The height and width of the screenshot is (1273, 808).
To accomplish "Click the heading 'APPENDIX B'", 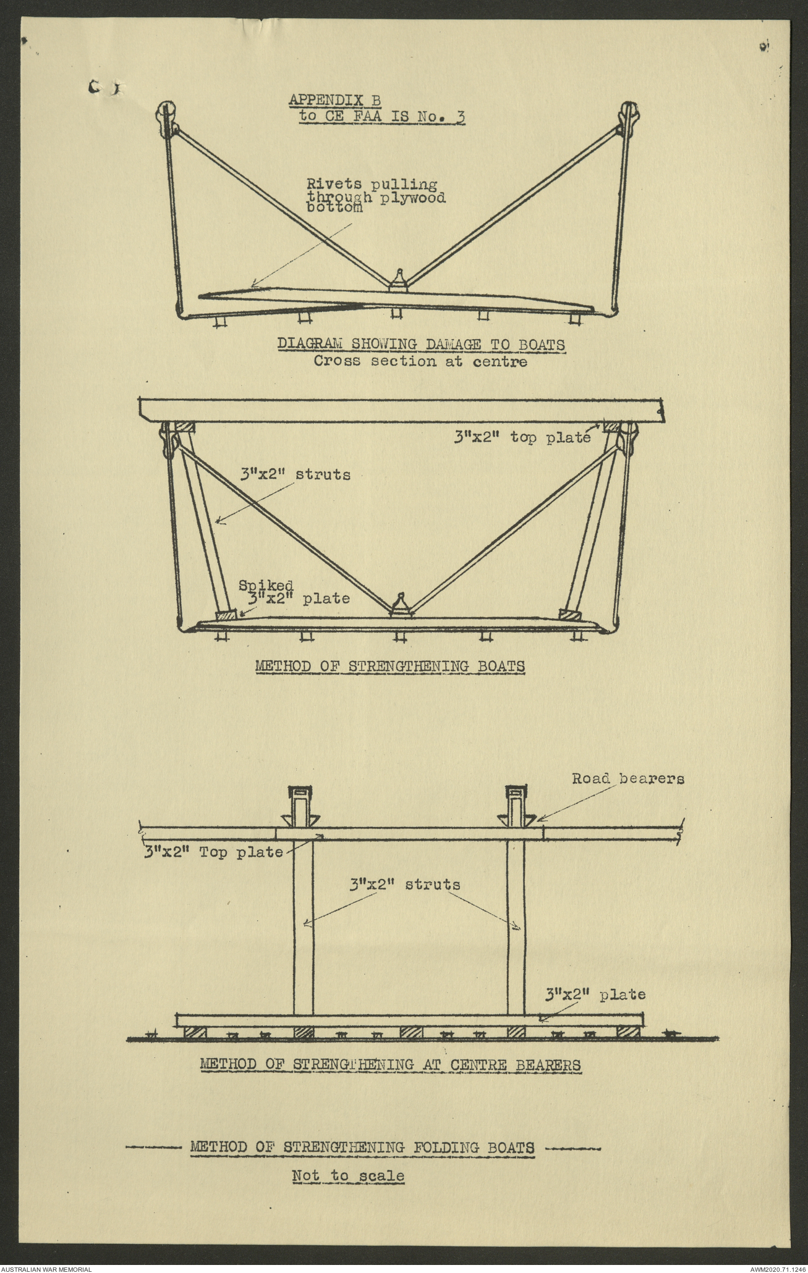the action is [x=334, y=99].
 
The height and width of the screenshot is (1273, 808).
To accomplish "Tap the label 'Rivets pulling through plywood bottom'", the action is [x=376, y=196].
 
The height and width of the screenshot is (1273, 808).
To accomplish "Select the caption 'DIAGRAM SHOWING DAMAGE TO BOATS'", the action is [x=420, y=345].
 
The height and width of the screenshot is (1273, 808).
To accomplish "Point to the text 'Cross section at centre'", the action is [x=420, y=361].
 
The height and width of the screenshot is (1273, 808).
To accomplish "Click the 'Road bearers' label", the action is [x=627, y=779].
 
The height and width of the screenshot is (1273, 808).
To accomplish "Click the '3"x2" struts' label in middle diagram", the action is [x=296, y=474].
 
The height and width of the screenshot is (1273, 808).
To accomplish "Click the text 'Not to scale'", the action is [x=348, y=1176].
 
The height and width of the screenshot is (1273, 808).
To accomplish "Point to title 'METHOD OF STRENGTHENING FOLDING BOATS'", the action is [x=362, y=1148].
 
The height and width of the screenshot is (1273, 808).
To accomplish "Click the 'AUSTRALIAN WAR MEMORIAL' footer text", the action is [x=47, y=1268].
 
